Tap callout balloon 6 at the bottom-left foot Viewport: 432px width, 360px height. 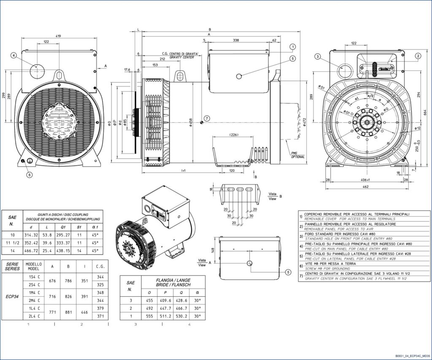(30, 174)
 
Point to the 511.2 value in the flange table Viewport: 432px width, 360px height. (164, 316)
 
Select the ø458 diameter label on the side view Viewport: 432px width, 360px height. (191, 122)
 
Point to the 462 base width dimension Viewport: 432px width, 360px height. (366, 186)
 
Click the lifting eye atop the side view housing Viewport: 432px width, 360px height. (180, 76)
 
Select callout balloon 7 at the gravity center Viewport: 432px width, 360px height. (207, 118)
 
